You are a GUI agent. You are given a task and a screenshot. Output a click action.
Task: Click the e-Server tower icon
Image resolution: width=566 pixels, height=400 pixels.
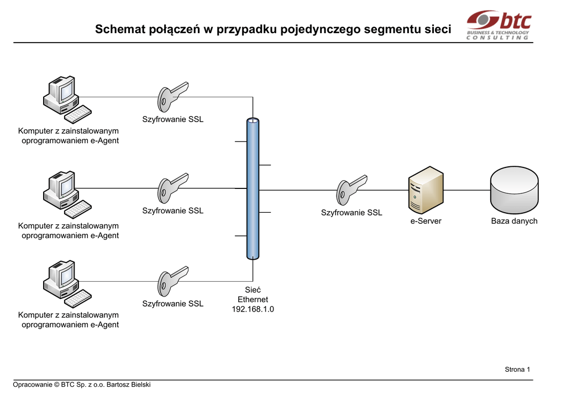[426, 190]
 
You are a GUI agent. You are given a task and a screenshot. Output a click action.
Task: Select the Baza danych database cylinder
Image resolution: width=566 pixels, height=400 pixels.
[515, 190]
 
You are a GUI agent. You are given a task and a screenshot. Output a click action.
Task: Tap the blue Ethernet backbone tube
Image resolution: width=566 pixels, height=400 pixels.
[253, 188]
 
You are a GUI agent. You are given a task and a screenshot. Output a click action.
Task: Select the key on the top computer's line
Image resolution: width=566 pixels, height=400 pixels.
[173, 97]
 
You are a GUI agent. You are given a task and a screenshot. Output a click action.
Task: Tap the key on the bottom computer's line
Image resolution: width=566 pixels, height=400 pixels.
[173, 281]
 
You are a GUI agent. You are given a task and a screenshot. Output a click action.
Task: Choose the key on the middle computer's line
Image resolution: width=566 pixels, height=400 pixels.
[173, 188]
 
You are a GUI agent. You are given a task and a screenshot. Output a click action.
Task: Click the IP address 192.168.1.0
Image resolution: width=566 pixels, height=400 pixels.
[253, 309]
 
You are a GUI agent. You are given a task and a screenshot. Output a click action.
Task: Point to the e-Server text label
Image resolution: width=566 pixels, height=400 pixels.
[426, 221]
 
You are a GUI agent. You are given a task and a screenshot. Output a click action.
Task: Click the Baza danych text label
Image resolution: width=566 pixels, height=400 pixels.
[515, 221]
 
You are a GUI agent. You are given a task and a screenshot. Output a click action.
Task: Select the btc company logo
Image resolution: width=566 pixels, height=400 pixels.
[499, 24]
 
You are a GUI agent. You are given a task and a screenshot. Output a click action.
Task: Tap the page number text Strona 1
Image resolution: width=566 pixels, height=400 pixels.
[517, 370]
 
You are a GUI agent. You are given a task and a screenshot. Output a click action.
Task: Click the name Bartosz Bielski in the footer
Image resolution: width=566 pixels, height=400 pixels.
[128, 385]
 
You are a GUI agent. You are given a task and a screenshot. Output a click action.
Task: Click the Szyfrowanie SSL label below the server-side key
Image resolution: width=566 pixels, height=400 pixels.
[352, 213]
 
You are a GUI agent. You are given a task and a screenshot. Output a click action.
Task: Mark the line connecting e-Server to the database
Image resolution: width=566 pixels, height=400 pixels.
[467, 190]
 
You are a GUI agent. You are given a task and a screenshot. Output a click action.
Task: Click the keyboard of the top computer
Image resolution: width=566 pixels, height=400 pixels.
[78, 114]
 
